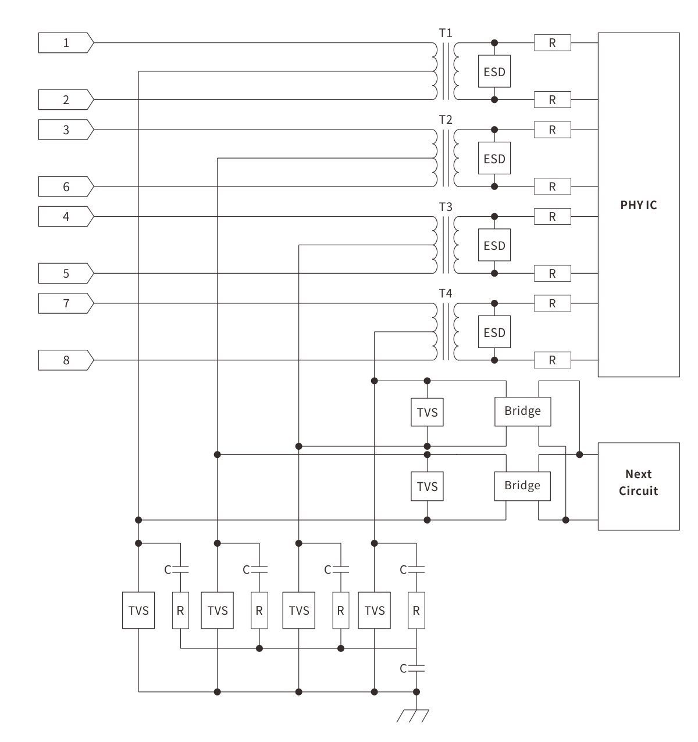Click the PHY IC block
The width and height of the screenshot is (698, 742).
click(638, 205)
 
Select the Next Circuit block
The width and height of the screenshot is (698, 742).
click(638, 486)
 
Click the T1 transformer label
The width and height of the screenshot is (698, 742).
click(446, 33)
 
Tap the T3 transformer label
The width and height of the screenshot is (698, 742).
click(446, 207)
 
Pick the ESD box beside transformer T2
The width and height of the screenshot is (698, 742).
click(494, 159)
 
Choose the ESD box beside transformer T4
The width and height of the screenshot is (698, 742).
click(494, 332)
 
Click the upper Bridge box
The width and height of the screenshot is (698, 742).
click(522, 411)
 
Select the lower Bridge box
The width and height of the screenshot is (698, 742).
click(522, 486)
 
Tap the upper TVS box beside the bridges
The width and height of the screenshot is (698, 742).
click(427, 412)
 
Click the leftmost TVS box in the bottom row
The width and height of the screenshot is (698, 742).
click(138, 610)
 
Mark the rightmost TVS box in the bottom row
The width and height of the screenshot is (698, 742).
click(375, 610)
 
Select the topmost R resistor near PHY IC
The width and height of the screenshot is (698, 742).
click(553, 42)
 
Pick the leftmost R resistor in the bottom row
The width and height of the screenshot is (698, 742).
click(180, 610)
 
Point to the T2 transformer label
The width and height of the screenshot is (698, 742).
click(446, 120)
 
